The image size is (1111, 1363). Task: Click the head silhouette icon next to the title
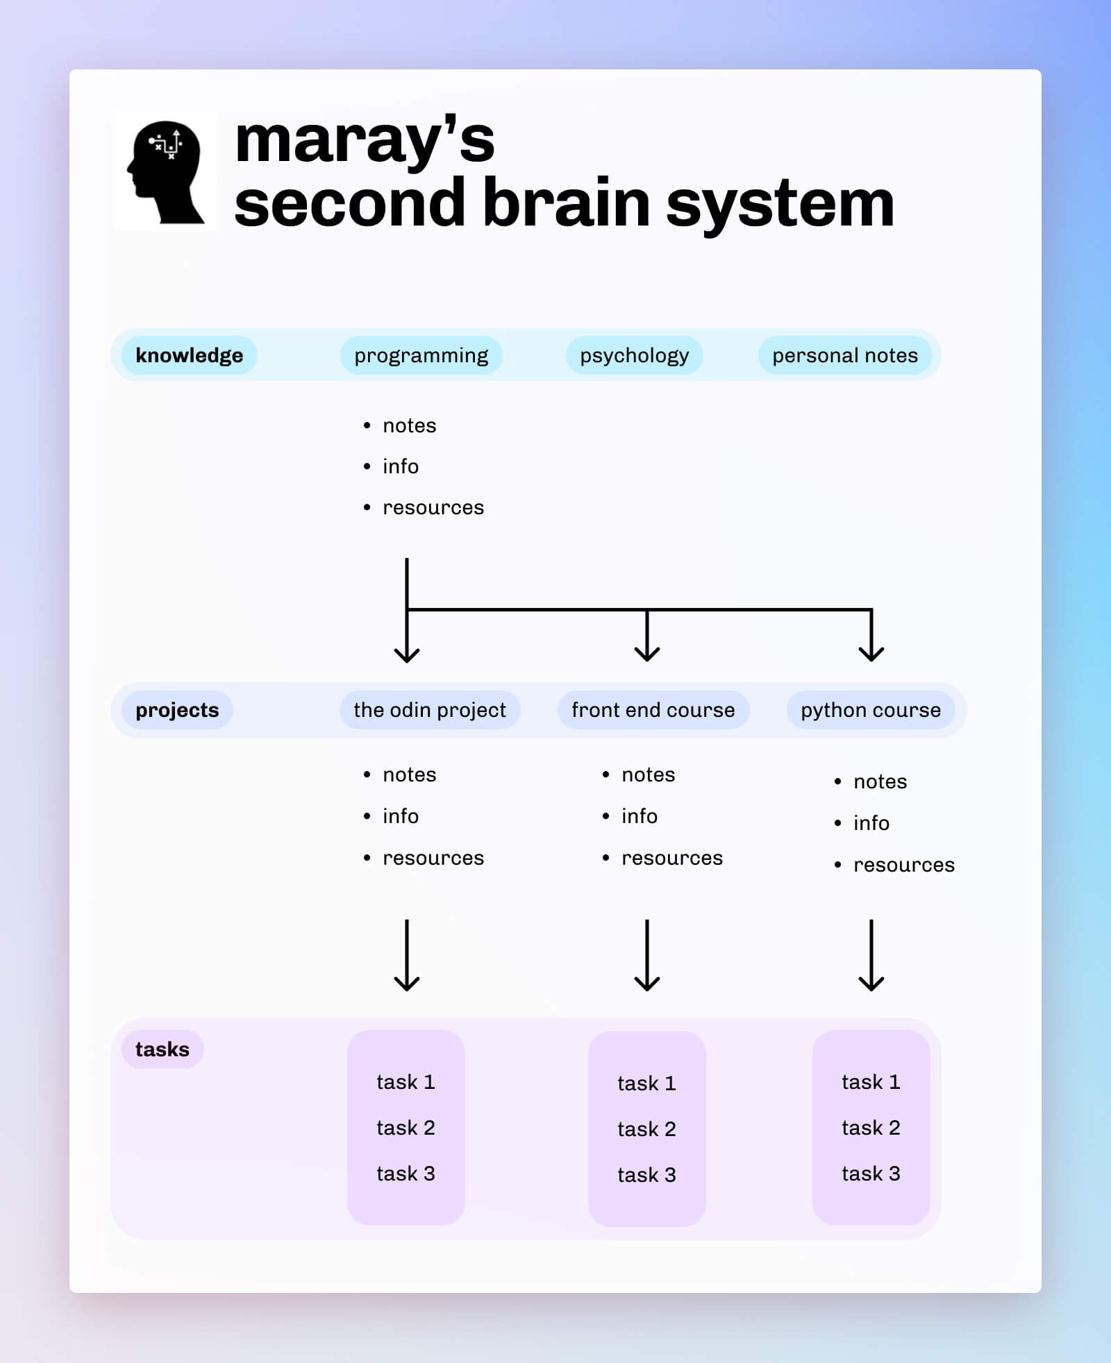point(166,171)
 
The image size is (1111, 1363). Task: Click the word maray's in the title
point(365,141)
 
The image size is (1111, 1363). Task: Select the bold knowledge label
point(189,355)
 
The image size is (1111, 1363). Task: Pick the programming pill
point(421,355)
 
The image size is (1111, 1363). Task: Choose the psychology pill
point(634,355)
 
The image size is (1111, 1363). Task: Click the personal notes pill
point(844,355)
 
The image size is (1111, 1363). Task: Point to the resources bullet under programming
point(433,507)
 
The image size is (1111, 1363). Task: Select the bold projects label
point(177,710)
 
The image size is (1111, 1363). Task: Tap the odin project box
point(429,710)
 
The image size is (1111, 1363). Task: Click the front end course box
point(653,710)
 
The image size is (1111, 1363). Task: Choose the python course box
point(870,710)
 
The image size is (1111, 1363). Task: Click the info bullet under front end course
point(639,816)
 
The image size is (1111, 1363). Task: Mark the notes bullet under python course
point(880,781)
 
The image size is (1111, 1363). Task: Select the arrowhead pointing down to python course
point(871,652)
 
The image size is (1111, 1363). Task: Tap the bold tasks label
point(162,1049)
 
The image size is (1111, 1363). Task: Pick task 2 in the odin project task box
point(406,1128)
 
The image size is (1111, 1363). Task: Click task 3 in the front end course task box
point(646,1175)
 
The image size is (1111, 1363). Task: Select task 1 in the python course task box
point(871,1082)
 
